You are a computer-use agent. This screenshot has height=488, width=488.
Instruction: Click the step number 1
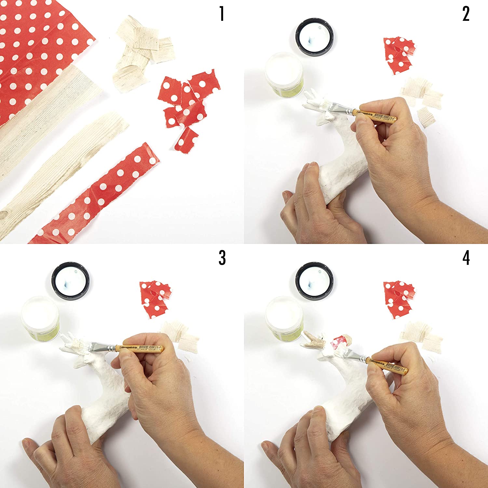(222, 14)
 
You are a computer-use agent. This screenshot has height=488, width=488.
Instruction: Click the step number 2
(466, 14)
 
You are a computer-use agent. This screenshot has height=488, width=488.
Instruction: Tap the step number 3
(222, 258)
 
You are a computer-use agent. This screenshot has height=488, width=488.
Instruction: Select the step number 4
(466, 258)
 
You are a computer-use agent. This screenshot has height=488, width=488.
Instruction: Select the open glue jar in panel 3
(40, 318)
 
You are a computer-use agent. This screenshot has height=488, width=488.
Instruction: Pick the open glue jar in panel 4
(284, 318)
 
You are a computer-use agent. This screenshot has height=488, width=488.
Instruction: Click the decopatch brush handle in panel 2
(377, 116)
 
